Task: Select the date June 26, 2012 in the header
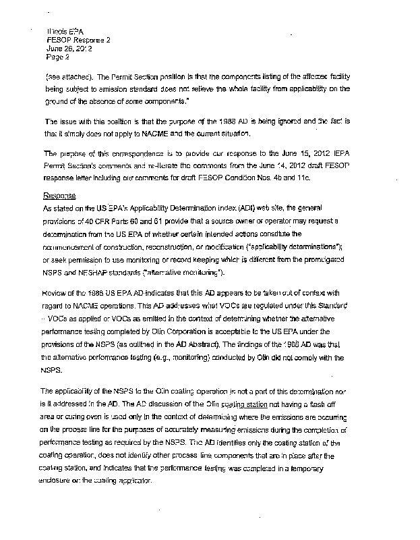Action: pos(64,49)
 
